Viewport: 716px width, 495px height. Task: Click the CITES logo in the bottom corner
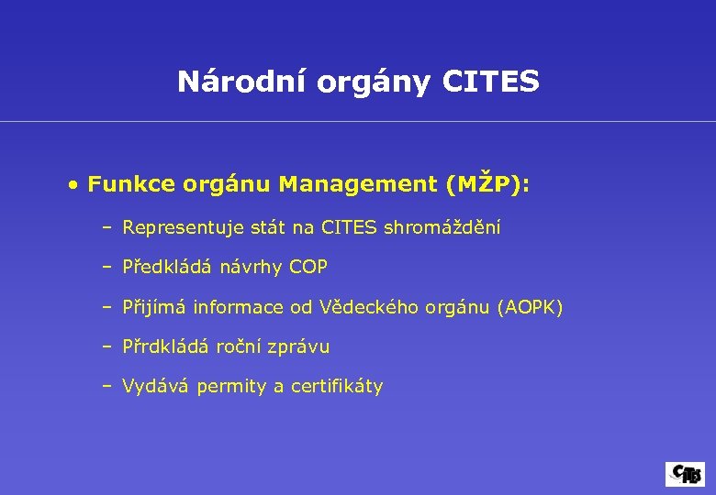[686, 474]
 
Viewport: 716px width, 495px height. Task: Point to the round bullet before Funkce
[72, 185]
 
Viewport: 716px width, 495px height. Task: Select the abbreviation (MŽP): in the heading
[487, 185]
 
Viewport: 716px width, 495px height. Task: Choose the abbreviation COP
[308, 268]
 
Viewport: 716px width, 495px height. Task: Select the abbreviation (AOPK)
[530, 308]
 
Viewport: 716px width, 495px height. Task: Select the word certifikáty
[337, 387]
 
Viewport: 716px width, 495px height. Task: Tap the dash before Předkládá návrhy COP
[107, 268]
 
